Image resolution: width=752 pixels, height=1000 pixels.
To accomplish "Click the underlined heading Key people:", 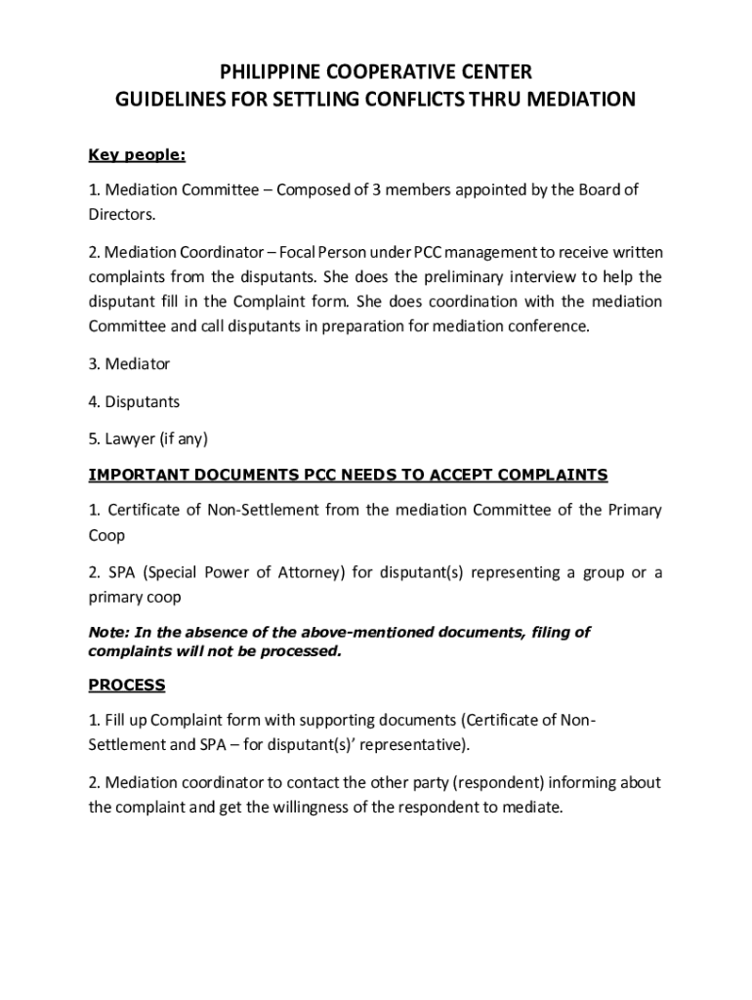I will pyautogui.click(x=137, y=154).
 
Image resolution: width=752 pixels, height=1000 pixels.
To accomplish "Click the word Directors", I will pyautogui.click(x=121, y=213).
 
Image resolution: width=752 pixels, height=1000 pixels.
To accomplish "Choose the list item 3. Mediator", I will pyautogui.click(x=129, y=364).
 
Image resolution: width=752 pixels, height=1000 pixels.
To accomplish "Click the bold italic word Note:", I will pyautogui.click(x=107, y=632).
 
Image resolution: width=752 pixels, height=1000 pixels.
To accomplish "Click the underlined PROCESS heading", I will pyautogui.click(x=127, y=685).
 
